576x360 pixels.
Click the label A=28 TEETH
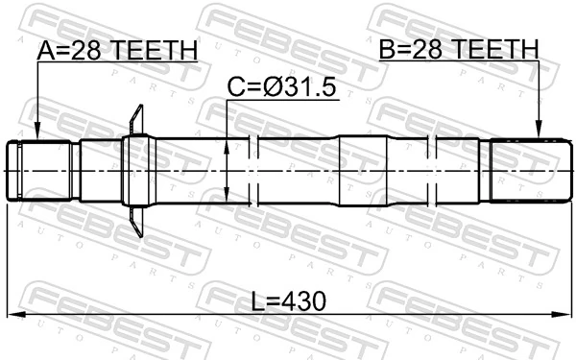coord(117,50)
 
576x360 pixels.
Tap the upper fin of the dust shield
coord(136,120)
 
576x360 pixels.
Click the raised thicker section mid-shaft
coord(365,170)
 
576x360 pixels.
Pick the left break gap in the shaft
coord(255,171)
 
